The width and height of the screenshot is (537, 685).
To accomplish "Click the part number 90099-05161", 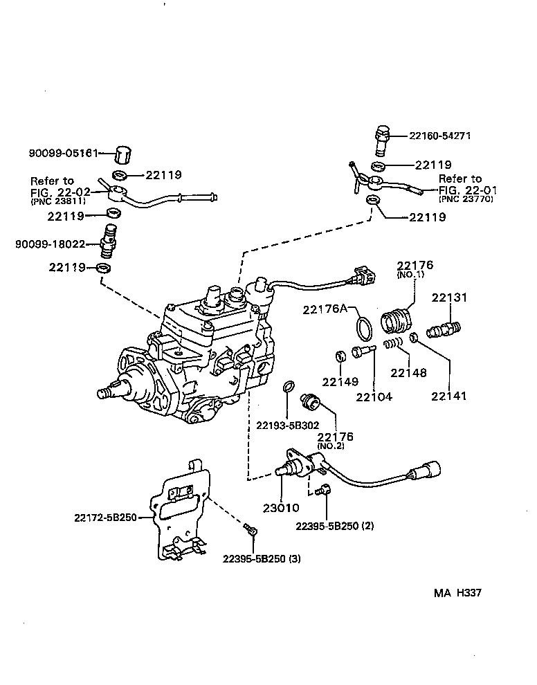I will pos(60,153).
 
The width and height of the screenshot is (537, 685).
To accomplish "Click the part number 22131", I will pos(450,298).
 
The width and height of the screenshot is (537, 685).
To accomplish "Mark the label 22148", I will pos(408,372).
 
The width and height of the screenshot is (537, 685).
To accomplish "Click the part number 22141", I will pos(449,396).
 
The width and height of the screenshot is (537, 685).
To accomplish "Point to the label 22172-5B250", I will pos(106,517).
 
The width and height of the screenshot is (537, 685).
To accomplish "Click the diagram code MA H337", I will pos(457,593).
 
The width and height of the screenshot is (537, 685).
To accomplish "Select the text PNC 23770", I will pos(468,199).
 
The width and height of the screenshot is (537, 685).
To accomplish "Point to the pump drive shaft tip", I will pos(104,394).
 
